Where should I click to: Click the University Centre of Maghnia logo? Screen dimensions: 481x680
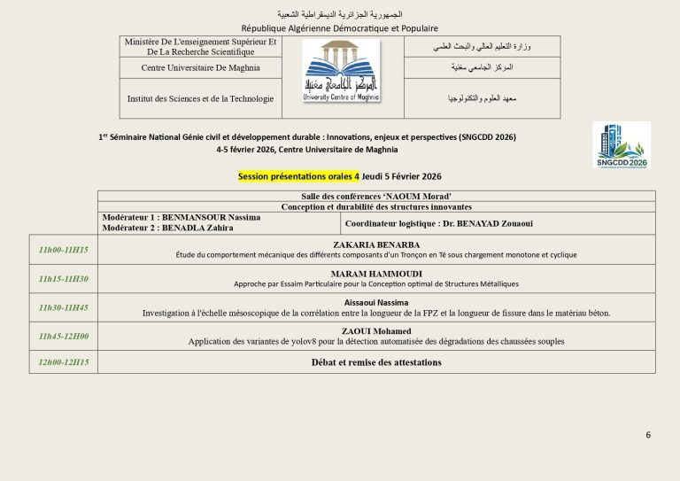(x=341, y=71)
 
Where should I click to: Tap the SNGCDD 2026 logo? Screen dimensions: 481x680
(x=622, y=144)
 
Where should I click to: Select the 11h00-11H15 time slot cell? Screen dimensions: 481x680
(x=64, y=250)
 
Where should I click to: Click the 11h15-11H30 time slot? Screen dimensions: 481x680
(x=64, y=279)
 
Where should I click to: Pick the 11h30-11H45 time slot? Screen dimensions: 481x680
(x=64, y=307)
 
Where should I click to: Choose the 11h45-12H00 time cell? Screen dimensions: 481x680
(x=64, y=336)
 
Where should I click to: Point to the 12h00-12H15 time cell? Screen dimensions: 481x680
(x=64, y=362)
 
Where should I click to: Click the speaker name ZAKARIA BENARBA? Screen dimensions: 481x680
(x=376, y=244)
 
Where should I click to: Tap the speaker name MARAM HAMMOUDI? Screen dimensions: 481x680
(x=376, y=274)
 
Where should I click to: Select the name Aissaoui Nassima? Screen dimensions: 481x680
(x=376, y=302)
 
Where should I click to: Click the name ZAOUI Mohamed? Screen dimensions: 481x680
(x=376, y=330)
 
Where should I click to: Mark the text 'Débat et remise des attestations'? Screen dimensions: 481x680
(x=376, y=362)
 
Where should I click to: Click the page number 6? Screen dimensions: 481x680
(x=648, y=435)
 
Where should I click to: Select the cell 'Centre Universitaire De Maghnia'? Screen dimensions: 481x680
(x=199, y=67)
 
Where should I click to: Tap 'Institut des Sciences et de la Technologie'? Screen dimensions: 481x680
(x=200, y=98)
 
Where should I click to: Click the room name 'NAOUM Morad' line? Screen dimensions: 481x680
(x=376, y=195)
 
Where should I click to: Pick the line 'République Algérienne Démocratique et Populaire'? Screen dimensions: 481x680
(x=339, y=27)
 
